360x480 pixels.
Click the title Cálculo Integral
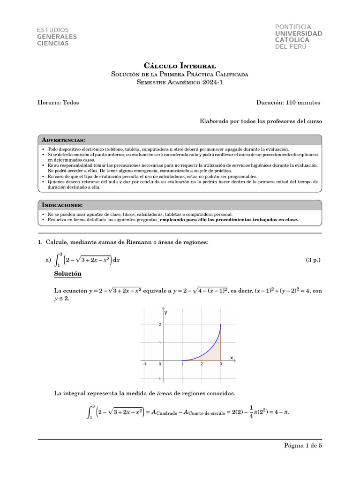(x=180, y=66)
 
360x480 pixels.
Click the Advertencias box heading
(x=63, y=140)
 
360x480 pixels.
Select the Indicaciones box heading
(x=62, y=205)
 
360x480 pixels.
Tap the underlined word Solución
(x=68, y=274)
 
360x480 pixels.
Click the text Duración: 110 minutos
(x=288, y=103)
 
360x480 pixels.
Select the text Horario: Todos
(x=58, y=103)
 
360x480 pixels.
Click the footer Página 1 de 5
(x=303, y=446)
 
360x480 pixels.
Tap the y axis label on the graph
(x=166, y=312)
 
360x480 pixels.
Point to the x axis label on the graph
(x=232, y=358)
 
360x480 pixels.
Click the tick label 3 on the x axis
(x=221, y=364)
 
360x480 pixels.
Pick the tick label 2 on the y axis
(x=159, y=324)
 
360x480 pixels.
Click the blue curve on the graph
(x=211, y=349)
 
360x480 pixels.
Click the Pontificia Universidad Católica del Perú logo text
(x=299, y=37)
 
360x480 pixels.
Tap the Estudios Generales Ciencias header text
(x=57, y=37)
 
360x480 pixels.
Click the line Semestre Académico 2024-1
(x=180, y=82)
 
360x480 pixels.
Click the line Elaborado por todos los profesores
(x=261, y=121)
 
